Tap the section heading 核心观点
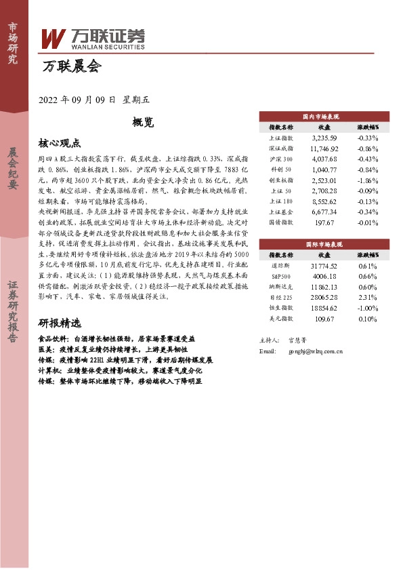(60, 143)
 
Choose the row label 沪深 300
(280, 159)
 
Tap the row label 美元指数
(280, 317)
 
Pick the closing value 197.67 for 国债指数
(324, 222)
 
